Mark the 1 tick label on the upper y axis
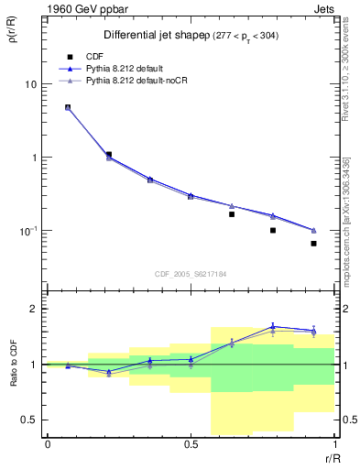(36, 158)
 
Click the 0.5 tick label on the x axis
(191, 446)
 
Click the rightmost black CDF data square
(313, 244)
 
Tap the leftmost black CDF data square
(68, 107)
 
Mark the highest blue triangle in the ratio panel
(273, 326)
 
